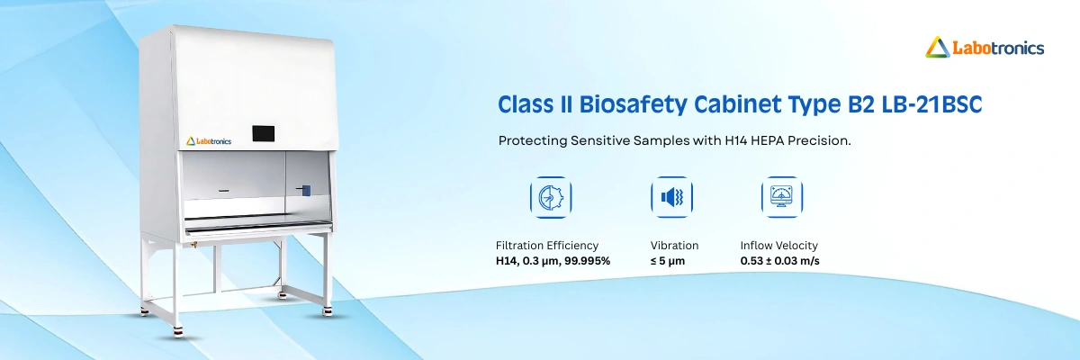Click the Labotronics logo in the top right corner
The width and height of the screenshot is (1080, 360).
[985, 47]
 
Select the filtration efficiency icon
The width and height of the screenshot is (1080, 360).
[549, 197]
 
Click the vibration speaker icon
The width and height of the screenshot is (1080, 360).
[670, 197]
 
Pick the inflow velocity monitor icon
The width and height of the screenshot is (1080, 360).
[781, 197]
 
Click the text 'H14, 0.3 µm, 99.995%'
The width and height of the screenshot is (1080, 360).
[553, 261]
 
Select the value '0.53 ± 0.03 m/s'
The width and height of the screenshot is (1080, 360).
[779, 261]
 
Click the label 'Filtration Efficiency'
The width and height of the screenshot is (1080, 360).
[546, 245]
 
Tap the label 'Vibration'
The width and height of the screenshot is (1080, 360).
[674, 245]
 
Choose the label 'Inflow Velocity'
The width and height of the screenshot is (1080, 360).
[778, 245]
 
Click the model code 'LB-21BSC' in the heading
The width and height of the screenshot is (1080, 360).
[936, 104]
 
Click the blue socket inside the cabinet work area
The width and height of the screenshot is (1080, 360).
[306, 191]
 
